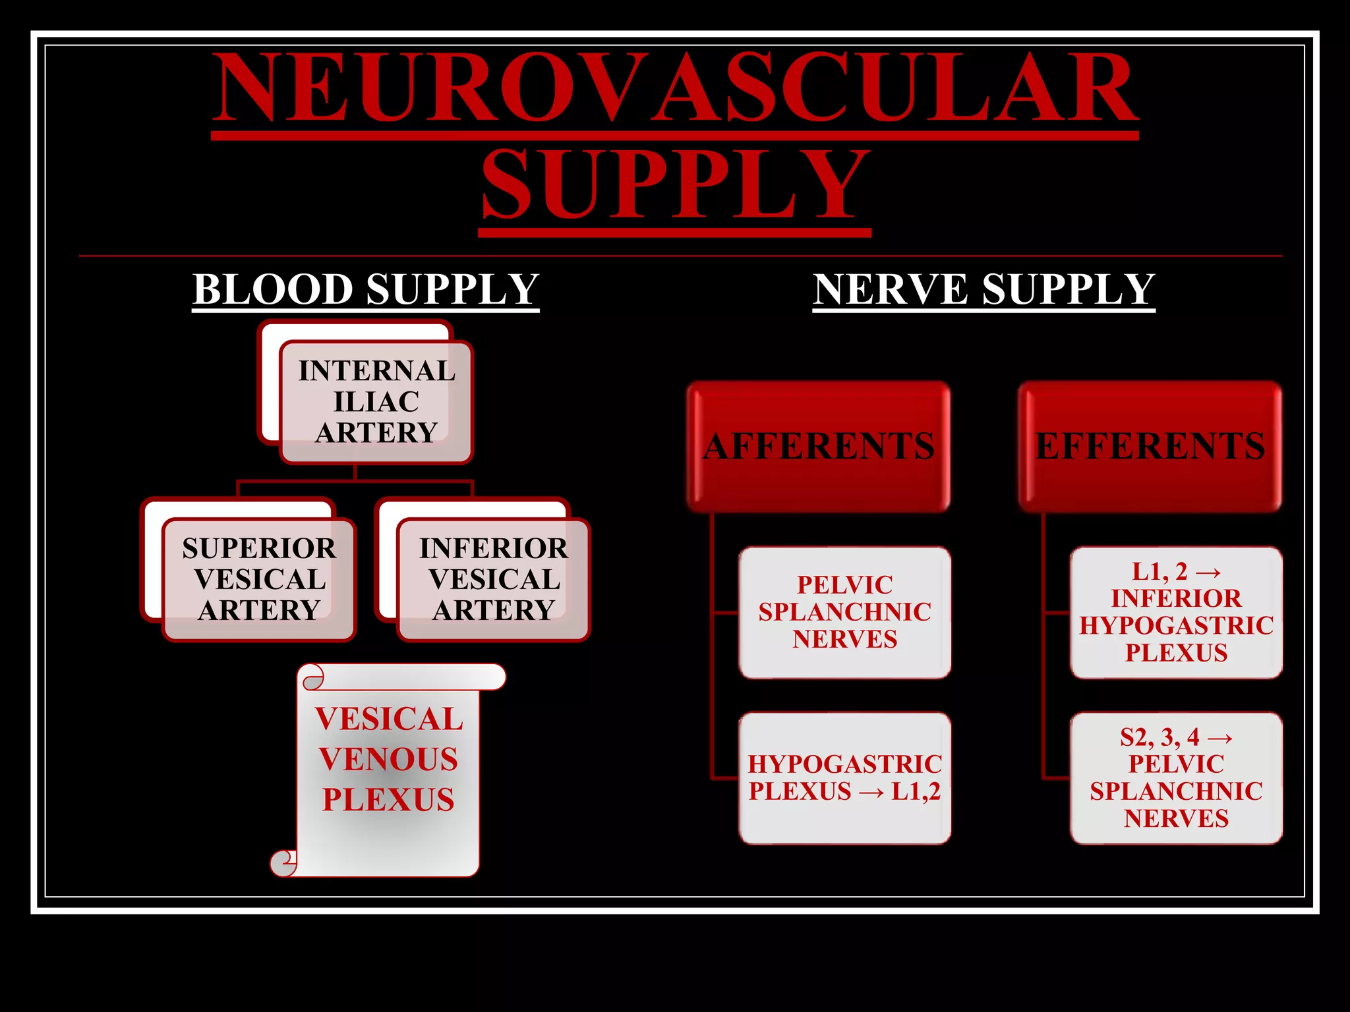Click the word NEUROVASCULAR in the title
(675, 89)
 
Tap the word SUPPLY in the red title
(675, 184)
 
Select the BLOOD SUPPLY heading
(366, 289)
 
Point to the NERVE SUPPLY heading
(983, 289)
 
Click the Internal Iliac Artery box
(376, 401)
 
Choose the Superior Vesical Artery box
(259, 579)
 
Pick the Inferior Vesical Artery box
(494, 579)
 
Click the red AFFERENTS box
(819, 447)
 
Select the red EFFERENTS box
(1150, 447)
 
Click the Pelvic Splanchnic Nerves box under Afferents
(845, 612)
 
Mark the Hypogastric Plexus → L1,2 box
(845, 777)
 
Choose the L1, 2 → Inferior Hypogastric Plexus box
(1177, 612)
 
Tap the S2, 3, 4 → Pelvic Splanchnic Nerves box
(1177, 777)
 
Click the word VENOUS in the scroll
(388, 760)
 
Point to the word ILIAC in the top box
(376, 402)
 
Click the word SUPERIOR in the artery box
(259, 548)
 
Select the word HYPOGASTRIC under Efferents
(1177, 625)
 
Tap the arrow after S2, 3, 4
(1219, 738)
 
